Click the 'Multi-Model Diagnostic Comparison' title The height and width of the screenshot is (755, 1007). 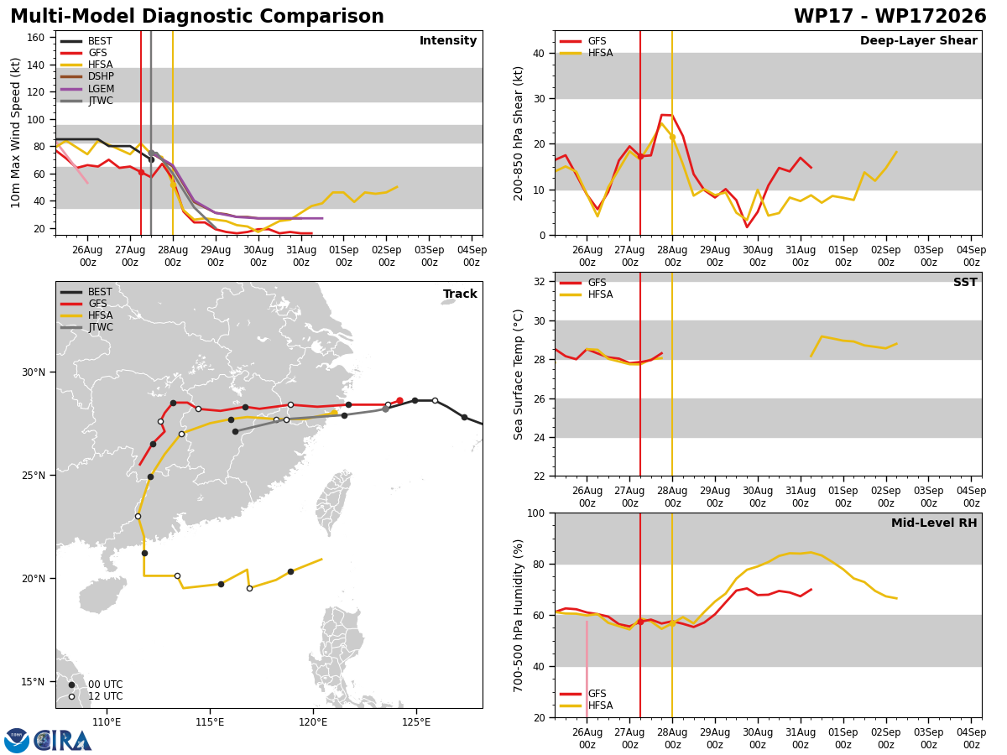[197, 16]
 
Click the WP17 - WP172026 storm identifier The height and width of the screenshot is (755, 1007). [890, 16]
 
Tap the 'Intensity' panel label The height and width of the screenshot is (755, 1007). [448, 41]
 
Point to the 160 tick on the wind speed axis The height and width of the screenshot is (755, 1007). [35, 38]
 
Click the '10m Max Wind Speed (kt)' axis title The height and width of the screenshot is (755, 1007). [16, 133]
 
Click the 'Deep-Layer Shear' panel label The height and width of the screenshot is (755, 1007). [918, 40]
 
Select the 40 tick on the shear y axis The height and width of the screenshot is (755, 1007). [539, 53]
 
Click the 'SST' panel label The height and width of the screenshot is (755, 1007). [965, 282]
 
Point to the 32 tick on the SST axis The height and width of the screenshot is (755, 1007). [539, 282]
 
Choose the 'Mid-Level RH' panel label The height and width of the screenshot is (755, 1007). [934, 523]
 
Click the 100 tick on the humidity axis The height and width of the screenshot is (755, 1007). [535, 513]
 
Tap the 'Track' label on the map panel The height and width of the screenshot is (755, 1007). [460, 294]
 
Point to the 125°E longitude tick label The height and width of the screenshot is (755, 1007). [416, 722]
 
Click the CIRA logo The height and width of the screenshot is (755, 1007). [48, 741]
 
